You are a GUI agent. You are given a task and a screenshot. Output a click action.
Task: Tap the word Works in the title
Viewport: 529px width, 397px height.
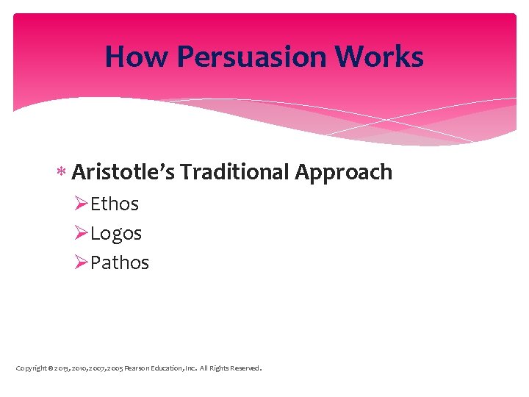[x=387, y=57]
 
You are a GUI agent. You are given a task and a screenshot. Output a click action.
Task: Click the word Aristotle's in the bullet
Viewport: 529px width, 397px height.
[x=123, y=172]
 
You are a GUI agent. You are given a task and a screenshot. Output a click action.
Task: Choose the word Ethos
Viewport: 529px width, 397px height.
[x=115, y=204]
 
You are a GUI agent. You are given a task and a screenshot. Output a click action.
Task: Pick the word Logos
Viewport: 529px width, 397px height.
[x=116, y=234]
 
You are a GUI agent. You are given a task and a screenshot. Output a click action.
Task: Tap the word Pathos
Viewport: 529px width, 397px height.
[x=120, y=262]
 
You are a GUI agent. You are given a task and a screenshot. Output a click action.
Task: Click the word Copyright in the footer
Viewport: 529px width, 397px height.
[x=31, y=368]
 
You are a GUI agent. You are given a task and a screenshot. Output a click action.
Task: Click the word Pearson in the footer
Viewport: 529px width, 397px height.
[x=137, y=368]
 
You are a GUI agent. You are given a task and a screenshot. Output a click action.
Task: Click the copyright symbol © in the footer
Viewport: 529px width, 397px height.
[x=49, y=368]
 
